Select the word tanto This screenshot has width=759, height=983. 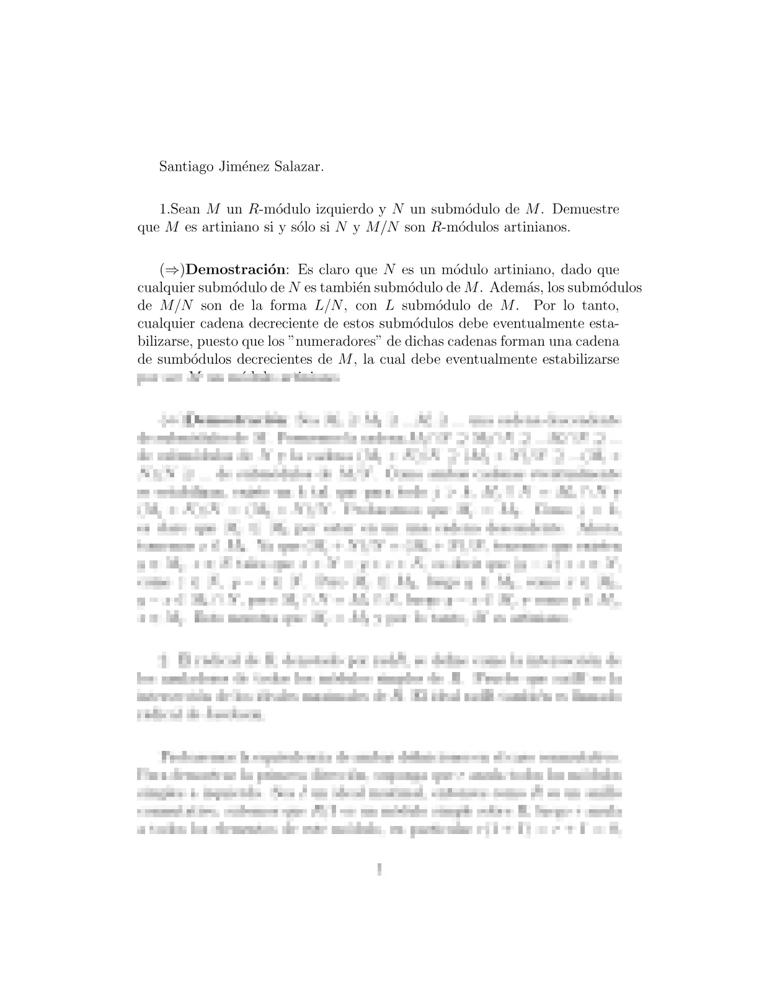click(599, 306)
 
